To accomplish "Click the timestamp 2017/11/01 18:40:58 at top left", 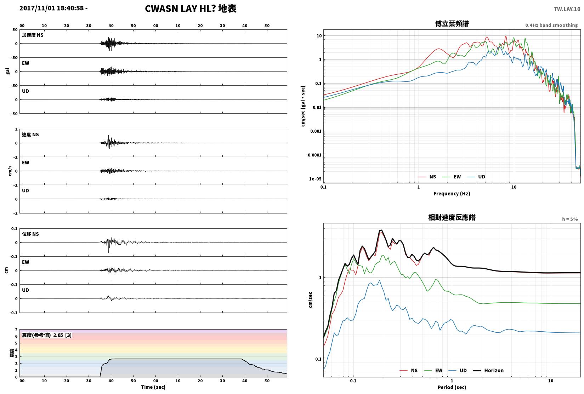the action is click(x=52, y=8).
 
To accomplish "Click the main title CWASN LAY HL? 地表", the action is click(x=191, y=8).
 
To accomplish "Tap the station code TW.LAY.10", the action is click(x=567, y=9).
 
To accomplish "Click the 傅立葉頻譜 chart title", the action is click(x=452, y=24).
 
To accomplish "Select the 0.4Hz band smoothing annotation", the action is click(x=551, y=25).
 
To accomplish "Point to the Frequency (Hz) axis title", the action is click(x=452, y=194).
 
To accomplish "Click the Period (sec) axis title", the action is click(x=452, y=387).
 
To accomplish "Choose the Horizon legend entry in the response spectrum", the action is click(x=488, y=371).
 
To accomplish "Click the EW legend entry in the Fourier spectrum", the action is click(x=452, y=177).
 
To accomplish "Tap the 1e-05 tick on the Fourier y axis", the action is click(x=315, y=179).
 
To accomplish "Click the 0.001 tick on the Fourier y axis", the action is click(x=316, y=131).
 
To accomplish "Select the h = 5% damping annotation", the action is click(x=570, y=219).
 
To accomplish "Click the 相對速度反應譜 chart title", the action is click(x=452, y=218).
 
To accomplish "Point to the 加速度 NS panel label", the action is click(x=33, y=35).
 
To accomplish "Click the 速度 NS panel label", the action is click(x=30, y=135).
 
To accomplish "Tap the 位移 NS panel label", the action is click(x=30, y=234).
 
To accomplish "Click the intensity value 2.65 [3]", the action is click(x=62, y=335).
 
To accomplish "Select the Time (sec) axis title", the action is click(x=153, y=387).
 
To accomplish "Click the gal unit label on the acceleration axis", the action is click(x=7, y=71).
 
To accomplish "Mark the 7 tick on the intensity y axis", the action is click(x=16, y=330).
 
